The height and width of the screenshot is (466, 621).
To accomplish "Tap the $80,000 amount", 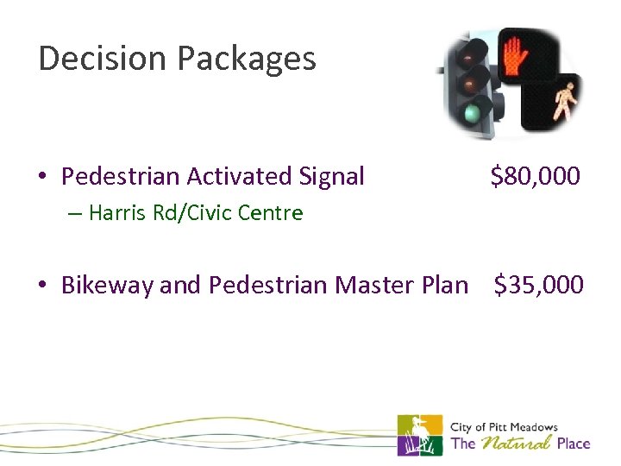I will point(535,177).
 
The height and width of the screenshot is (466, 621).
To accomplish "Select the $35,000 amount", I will point(538,285).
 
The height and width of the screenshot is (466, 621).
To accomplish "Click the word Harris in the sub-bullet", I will point(116,212).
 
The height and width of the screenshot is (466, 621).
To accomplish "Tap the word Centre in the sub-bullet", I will point(273,212).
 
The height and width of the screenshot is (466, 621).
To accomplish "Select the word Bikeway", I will point(109,286).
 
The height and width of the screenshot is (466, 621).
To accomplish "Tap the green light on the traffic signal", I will point(471,114).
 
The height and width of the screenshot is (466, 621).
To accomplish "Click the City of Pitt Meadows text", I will point(505,427).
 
